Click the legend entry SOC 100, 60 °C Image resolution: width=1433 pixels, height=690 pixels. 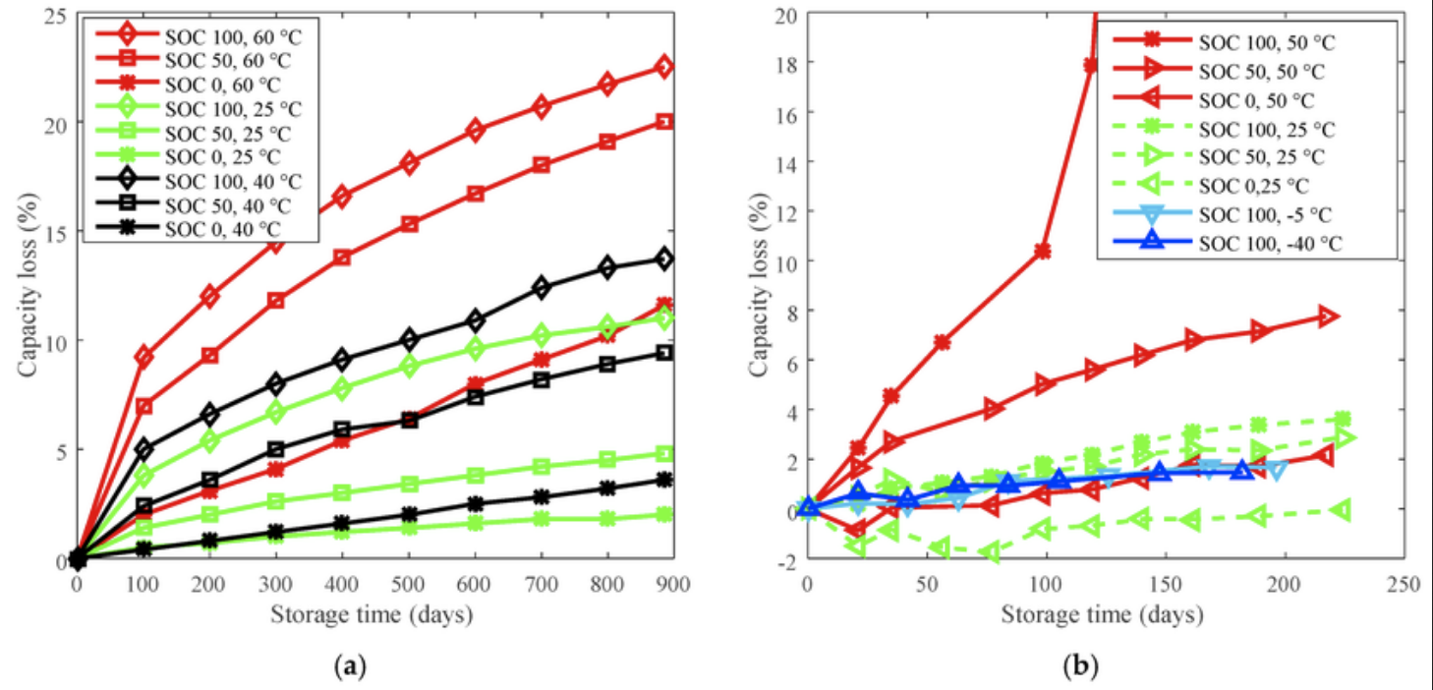coord(199,36)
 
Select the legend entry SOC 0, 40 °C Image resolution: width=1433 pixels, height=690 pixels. coord(188,229)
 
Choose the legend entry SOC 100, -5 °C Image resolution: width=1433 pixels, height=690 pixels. coord(1222,214)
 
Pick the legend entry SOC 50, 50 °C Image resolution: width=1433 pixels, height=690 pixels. coord(1219,71)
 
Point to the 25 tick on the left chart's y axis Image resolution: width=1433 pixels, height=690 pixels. coord(56,16)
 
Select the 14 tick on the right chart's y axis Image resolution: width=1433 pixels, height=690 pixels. coord(785,161)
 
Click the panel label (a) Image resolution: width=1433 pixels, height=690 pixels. coord(351,666)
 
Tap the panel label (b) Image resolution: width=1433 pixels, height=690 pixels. coord(1080,666)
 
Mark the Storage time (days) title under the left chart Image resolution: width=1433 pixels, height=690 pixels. coord(372,614)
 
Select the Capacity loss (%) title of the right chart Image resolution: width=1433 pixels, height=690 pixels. coord(759,285)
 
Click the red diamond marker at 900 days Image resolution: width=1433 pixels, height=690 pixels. coord(664,67)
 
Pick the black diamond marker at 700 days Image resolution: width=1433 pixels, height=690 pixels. coord(542,287)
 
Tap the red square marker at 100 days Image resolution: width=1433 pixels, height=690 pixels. coord(143,406)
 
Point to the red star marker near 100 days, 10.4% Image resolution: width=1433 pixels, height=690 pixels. coord(1044,252)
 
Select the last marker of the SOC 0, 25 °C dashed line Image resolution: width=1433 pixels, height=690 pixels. coord(1343,511)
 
